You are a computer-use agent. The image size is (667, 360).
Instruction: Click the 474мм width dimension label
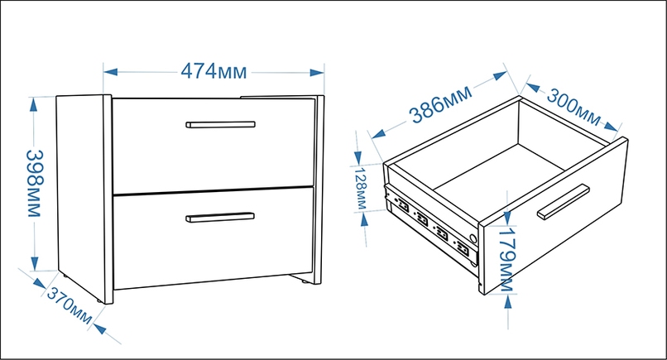(x=214, y=71)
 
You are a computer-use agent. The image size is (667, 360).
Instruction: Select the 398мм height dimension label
(x=35, y=183)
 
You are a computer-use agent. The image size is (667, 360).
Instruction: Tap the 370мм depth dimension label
(x=69, y=305)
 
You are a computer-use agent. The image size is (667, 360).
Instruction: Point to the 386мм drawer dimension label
(x=441, y=104)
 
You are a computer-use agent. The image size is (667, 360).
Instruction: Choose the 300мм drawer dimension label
(x=573, y=108)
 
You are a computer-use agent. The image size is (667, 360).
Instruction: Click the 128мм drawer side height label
(x=360, y=188)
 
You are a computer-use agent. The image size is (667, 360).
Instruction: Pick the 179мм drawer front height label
(x=506, y=260)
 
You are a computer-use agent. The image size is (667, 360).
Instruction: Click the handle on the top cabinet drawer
(x=220, y=124)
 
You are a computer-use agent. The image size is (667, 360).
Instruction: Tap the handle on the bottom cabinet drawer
(x=220, y=217)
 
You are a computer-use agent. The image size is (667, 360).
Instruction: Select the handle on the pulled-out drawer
(x=564, y=202)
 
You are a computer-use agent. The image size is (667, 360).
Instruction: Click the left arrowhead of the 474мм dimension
(x=111, y=72)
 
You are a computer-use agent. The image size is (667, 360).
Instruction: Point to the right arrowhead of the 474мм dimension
(x=317, y=72)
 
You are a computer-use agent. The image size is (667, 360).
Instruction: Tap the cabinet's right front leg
(x=305, y=281)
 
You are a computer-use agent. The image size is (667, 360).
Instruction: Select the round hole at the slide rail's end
(x=472, y=238)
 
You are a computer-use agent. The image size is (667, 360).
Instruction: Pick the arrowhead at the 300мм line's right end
(x=611, y=127)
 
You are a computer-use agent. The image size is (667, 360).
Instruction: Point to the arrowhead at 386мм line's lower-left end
(x=378, y=133)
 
